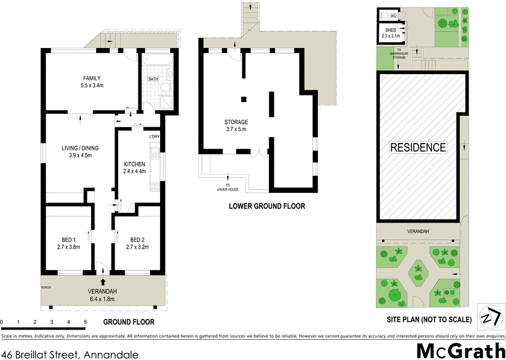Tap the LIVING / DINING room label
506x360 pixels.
80,148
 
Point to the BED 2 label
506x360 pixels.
137,239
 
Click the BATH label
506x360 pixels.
152,79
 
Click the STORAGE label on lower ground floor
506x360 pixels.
235,122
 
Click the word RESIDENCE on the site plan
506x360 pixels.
417,147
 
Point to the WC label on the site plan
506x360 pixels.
393,16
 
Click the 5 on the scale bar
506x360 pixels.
85,322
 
